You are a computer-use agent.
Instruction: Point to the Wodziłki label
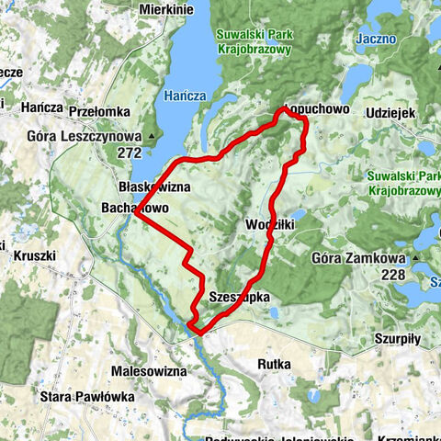[x=270, y=225]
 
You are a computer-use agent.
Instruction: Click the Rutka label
[x=274, y=364]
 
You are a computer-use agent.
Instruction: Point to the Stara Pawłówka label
[x=87, y=397]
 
